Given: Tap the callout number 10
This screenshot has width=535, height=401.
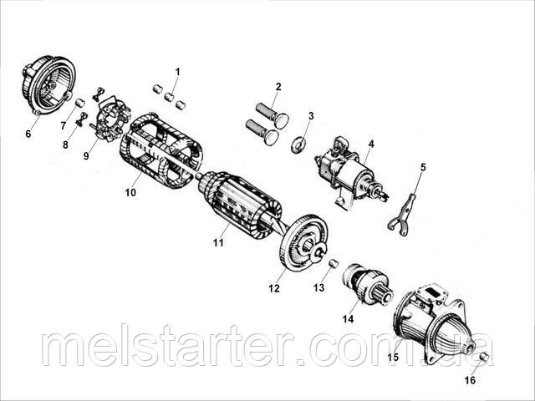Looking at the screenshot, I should [x=130, y=193].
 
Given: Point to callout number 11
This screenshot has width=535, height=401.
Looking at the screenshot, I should [x=218, y=243].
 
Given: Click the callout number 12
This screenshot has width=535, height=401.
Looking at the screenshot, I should [x=273, y=288].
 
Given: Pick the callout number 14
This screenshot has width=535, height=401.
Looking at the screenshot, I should [x=349, y=318].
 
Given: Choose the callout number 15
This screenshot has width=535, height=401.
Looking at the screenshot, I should [x=392, y=356].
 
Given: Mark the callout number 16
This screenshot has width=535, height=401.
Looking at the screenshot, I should [x=470, y=381].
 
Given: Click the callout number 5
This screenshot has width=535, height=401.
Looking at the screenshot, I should [x=422, y=168].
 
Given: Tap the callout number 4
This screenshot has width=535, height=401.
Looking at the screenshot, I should [x=371, y=144].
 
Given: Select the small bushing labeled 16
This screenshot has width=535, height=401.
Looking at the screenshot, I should [x=483, y=358].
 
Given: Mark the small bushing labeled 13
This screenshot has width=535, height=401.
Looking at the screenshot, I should [x=334, y=264].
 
